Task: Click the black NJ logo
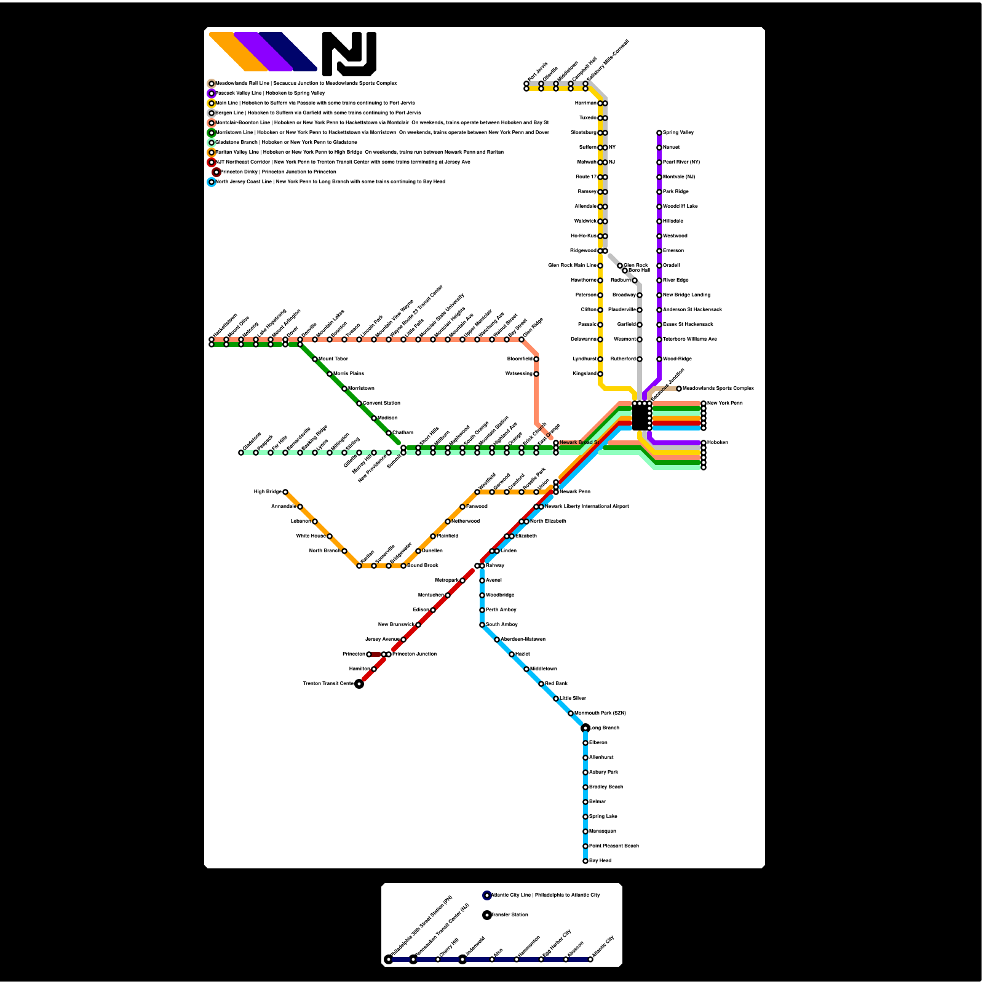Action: click(x=349, y=54)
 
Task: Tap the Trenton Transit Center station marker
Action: click(x=359, y=683)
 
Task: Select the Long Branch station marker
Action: click(x=585, y=728)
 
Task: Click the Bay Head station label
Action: click(x=600, y=860)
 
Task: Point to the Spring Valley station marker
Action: click(x=659, y=133)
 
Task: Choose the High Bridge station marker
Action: click(x=285, y=492)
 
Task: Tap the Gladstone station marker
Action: click(x=241, y=453)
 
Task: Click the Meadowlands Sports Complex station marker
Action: click(x=679, y=389)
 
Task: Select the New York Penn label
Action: click(x=725, y=403)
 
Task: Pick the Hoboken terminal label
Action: click(x=717, y=443)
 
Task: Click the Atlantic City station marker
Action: click(x=590, y=959)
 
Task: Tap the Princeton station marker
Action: click(x=369, y=654)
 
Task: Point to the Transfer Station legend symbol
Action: click(x=487, y=915)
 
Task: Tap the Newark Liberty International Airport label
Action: click(x=587, y=507)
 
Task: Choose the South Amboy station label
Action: click(x=502, y=625)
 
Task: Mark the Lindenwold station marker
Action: click(x=462, y=959)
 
